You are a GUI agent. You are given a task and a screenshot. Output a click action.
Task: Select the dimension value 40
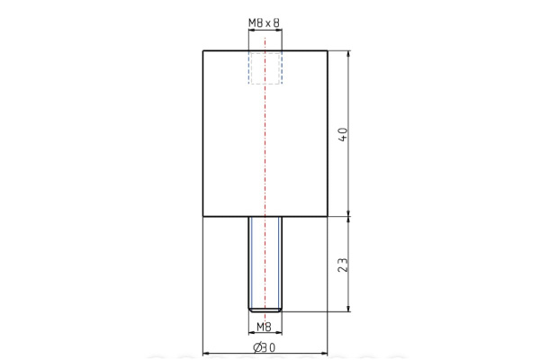click(x=342, y=134)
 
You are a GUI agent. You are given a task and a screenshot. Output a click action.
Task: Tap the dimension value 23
click(x=342, y=265)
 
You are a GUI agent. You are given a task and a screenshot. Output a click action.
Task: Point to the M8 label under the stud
click(x=264, y=327)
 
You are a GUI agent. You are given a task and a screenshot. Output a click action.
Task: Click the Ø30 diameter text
click(x=264, y=347)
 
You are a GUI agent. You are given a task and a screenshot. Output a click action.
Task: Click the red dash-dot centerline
click(x=265, y=162)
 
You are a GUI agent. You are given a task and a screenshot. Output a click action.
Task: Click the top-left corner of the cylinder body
click(x=202, y=50)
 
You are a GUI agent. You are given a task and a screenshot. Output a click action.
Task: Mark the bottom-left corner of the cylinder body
click(x=202, y=217)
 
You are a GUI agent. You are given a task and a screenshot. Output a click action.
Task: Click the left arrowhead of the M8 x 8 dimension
click(x=250, y=30)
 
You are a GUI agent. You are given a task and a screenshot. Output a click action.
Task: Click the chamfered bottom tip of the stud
click(x=265, y=310)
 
